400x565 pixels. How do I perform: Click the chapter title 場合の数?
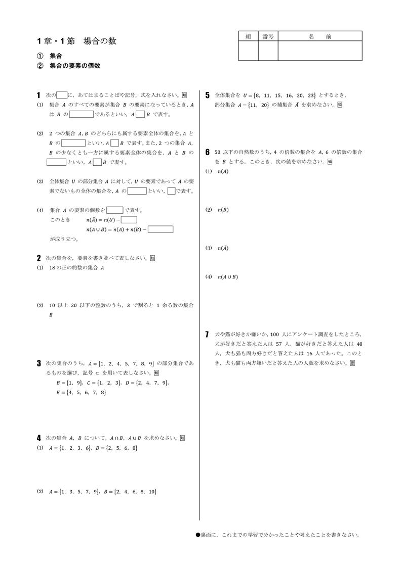[x=100, y=41]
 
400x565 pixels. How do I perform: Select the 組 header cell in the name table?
[x=248, y=36]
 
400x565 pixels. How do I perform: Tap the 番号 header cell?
[x=268, y=36]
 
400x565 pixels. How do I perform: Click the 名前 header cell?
[x=320, y=36]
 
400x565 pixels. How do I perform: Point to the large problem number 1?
[x=39, y=95]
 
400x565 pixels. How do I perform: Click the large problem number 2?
[x=39, y=258]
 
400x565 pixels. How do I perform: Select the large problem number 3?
[x=39, y=363]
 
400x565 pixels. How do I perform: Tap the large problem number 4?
[x=39, y=438]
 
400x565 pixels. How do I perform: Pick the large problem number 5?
[x=208, y=95]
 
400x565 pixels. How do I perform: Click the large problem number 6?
[x=208, y=152]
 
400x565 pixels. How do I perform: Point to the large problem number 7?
[x=208, y=334]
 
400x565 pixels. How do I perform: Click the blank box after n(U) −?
[x=129, y=220]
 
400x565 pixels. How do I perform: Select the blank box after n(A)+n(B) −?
[x=161, y=229]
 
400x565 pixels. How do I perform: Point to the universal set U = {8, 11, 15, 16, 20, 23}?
[x=279, y=95]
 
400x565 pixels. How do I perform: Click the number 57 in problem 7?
[x=287, y=344]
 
